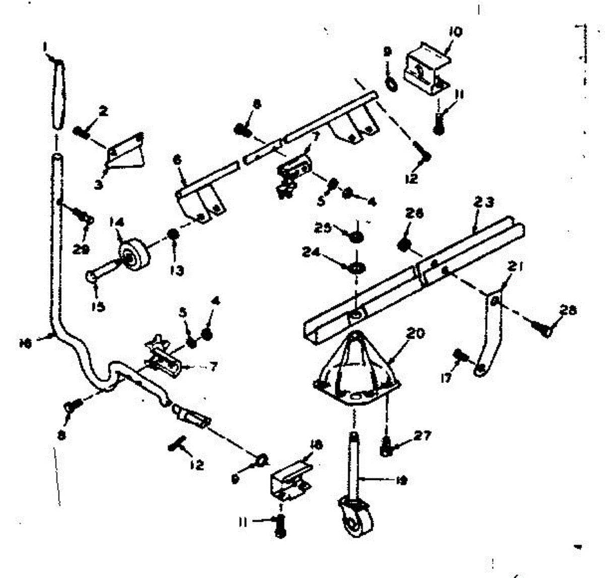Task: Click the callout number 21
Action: pos(513,270)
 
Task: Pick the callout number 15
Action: pos(99,305)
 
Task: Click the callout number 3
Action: pos(99,184)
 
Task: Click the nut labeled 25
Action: pos(355,235)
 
